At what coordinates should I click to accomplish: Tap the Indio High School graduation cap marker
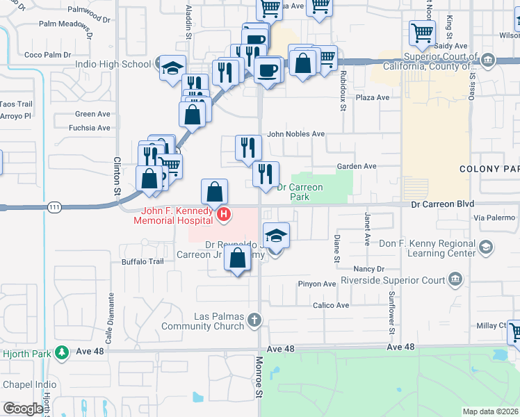(x=172, y=68)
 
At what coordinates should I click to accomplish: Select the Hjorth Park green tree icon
(x=62, y=353)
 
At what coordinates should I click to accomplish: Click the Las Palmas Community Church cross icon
(x=255, y=320)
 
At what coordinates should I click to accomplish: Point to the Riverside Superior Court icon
(x=455, y=280)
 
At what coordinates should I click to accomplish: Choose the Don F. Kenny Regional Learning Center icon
(x=487, y=247)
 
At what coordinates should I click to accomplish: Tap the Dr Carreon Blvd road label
(x=442, y=204)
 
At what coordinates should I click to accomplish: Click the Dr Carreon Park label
(x=300, y=192)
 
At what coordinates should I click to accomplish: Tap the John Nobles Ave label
(x=296, y=134)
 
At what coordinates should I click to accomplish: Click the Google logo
(x=23, y=409)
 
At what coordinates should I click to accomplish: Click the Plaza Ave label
(x=372, y=97)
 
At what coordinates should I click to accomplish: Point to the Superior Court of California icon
(x=488, y=60)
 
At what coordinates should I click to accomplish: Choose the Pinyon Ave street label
(x=317, y=284)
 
